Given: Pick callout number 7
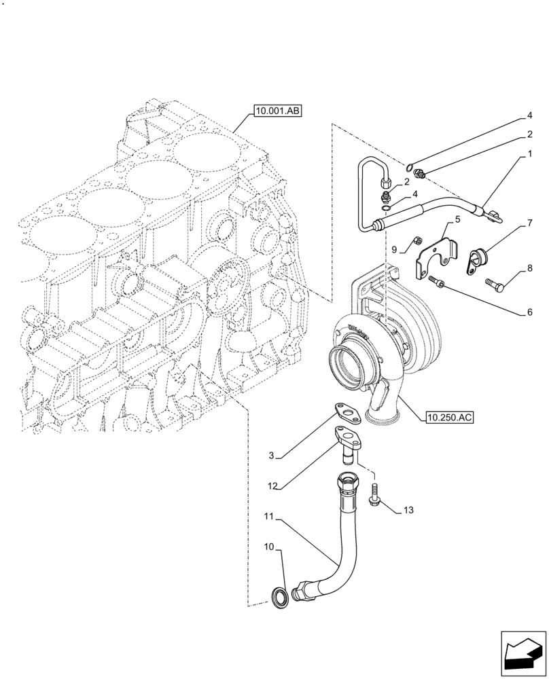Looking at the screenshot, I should [529, 222].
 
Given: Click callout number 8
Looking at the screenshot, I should [529, 270].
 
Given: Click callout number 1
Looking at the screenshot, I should [529, 155].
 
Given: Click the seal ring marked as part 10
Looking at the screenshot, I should [279, 597].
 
